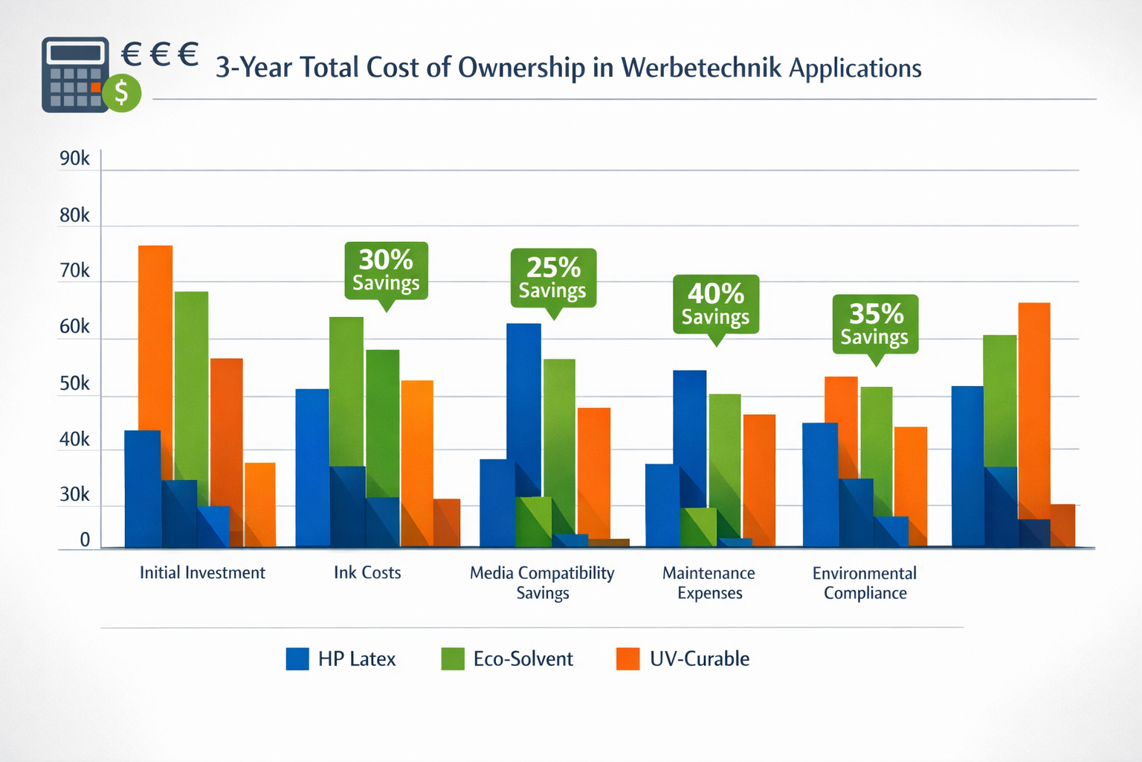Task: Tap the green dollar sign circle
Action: [122, 93]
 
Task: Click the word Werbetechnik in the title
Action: [701, 68]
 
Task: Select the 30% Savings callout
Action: [386, 270]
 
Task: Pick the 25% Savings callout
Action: [553, 278]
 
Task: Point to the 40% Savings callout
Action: [715, 304]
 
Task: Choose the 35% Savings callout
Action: [875, 324]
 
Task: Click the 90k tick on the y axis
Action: [74, 159]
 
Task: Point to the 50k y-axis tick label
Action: [74, 383]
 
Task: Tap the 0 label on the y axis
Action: [85, 540]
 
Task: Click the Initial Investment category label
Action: [202, 573]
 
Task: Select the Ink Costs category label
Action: [367, 573]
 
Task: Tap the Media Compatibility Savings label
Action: [542, 583]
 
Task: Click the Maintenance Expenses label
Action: [709, 583]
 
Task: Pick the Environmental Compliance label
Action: [865, 583]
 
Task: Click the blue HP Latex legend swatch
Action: [297, 659]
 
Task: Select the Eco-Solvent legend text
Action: [523, 659]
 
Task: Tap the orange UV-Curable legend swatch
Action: [628, 659]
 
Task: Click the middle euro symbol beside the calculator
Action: [160, 54]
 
